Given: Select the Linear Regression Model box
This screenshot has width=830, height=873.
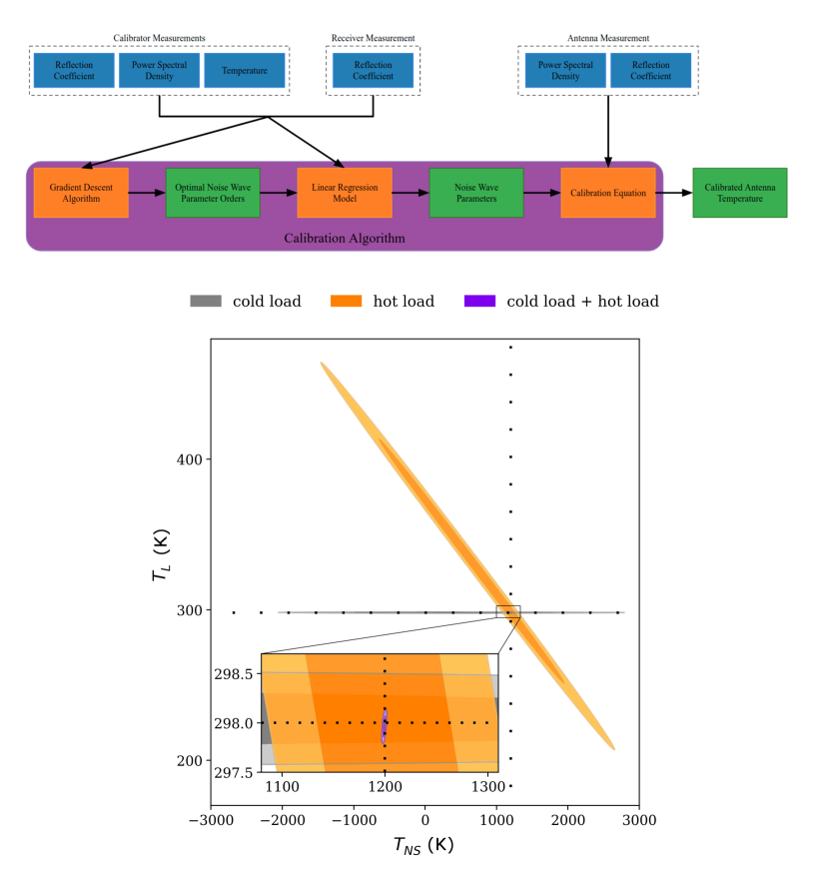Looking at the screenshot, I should tap(344, 193).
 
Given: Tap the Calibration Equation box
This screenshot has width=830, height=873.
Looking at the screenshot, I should tap(607, 193).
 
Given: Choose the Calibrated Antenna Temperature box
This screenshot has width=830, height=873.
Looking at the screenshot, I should tap(739, 193).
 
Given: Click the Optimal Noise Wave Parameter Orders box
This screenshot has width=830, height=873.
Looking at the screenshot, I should tap(212, 193).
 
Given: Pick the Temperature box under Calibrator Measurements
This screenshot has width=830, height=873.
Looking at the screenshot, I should tap(245, 71).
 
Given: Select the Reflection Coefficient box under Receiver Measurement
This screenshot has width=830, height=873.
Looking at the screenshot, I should tap(373, 71).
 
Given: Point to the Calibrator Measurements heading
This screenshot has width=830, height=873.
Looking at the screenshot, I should tap(159, 38).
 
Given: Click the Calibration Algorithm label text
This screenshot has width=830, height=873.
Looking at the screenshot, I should tap(345, 239).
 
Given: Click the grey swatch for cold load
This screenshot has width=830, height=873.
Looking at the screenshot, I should tap(206, 301).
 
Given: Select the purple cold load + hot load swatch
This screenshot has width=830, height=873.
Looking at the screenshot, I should tap(481, 301).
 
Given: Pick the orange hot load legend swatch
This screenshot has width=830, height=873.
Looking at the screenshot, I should tap(346, 301).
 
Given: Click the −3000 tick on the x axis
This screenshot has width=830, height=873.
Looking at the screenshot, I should tap(211, 821).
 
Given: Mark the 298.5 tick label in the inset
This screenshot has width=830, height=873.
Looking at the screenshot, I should tap(236, 674).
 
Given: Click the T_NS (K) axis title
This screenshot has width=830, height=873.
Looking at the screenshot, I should tap(423, 846).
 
